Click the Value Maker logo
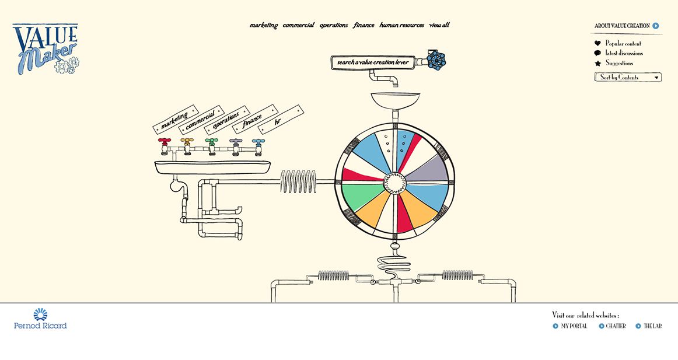(x=46, y=49)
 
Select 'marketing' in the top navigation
(x=264, y=25)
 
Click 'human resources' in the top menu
(x=401, y=25)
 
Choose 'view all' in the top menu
(x=439, y=25)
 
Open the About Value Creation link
(x=627, y=26)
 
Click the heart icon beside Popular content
(x=597, y=43)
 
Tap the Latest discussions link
(x=624, y=53)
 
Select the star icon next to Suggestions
(x=598, y=63)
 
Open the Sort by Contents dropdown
(x=628, y=78)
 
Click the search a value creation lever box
(x=373, y=62)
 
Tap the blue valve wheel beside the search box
(x=436, y=60)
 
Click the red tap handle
(x=165, y=141)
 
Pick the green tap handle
(x=211, y=141)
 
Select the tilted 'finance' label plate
(x=255, y=119)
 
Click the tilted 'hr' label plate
(x=281, y=119)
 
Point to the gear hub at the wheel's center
(x=395, y=183)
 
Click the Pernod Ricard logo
(x=40, y=319)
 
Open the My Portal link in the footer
(x=570, y=326)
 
